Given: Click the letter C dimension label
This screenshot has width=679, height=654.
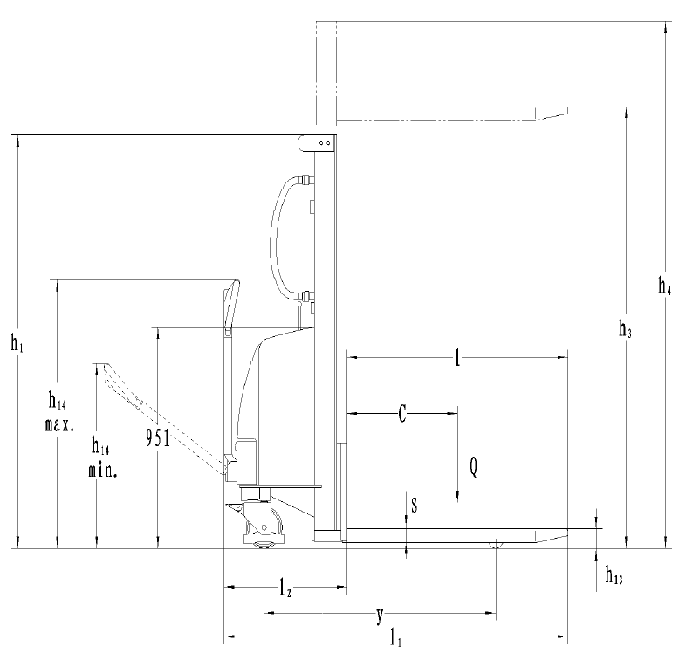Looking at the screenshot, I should coord(401,414).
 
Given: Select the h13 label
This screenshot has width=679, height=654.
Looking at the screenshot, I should coord(614,576).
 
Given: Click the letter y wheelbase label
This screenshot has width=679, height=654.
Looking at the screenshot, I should coord(379,616).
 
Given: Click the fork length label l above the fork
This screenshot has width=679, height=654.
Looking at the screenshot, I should coord(456,357).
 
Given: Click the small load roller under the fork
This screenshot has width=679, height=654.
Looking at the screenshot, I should coord(496,545).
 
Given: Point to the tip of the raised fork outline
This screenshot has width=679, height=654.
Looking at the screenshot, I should coord(566,110).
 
